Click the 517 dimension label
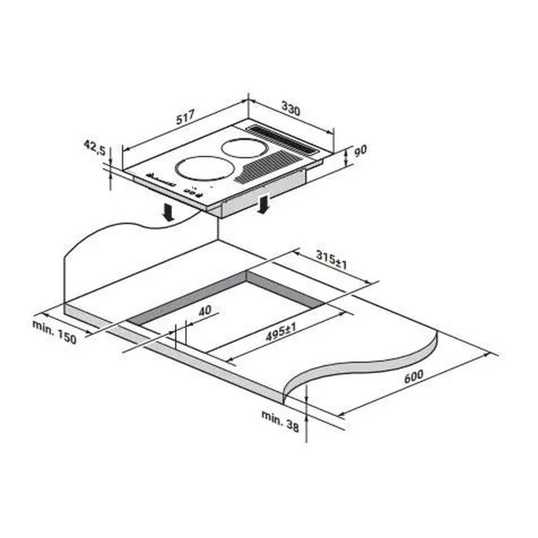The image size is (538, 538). pos(185,117)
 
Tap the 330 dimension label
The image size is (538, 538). pos(291,109)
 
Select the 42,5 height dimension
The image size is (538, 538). pos(95,148)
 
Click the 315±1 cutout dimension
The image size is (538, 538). pos(331,260)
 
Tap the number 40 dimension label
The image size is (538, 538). pos(205,310)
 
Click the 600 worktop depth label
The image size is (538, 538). pos(413,377)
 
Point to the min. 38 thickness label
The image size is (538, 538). pos(280,421)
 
